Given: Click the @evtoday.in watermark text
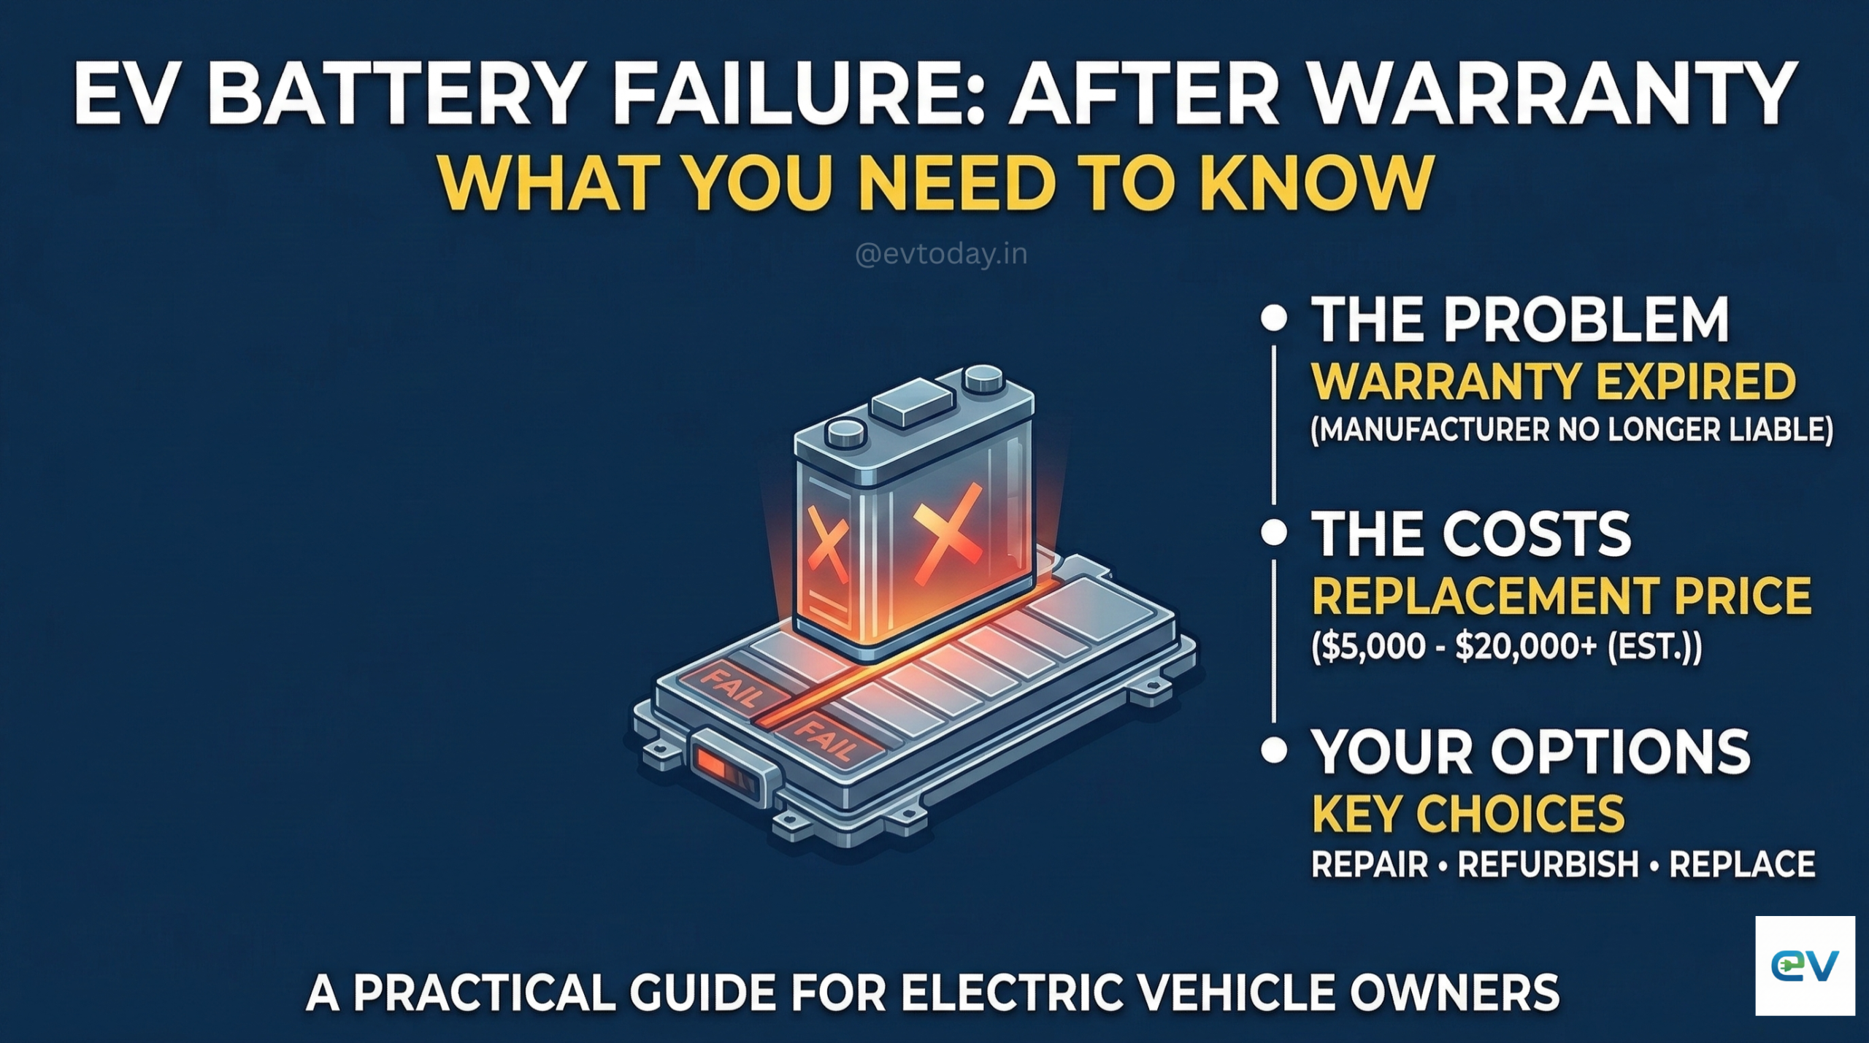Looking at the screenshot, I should click(x=940, y=254).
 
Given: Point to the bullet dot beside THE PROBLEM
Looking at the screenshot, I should click(x=1274, y=320).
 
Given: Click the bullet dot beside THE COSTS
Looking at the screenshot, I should click(x=1274, y=532).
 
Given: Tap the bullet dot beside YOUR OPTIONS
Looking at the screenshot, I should click(x=1274, y=750).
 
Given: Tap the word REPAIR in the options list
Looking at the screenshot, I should click(x=1369, y=864).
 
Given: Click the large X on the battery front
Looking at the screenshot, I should click(x=948, y=539).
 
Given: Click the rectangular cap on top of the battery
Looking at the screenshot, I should click(x=914, y=407).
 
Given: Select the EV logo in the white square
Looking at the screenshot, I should click(x=1804, y=966).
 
